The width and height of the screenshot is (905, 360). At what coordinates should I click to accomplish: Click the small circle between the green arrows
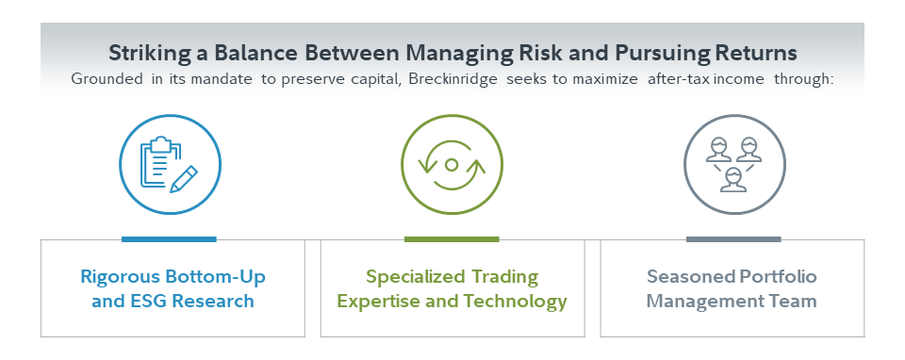point(452,165)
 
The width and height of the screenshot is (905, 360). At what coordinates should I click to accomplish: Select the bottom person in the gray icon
point(734,180)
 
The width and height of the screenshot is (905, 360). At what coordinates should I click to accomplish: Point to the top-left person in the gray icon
point(719,150)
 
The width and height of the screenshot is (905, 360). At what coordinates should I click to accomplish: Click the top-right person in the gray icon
point(749,150)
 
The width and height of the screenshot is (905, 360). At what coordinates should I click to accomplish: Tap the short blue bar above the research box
point(169,238)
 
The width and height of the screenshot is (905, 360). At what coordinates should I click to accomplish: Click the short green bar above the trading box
point(452,238)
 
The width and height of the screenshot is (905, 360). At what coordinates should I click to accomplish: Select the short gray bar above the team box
point(733,238)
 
